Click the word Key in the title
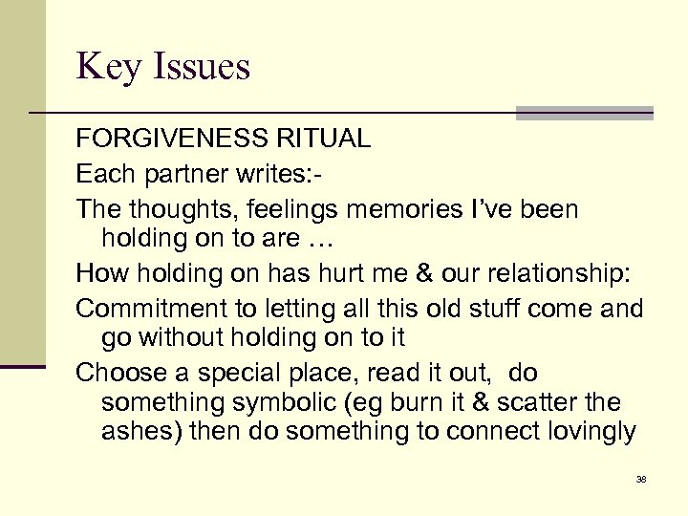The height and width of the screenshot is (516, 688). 107,67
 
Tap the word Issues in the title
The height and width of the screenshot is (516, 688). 198,67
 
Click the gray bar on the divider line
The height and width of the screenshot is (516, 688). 584,113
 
